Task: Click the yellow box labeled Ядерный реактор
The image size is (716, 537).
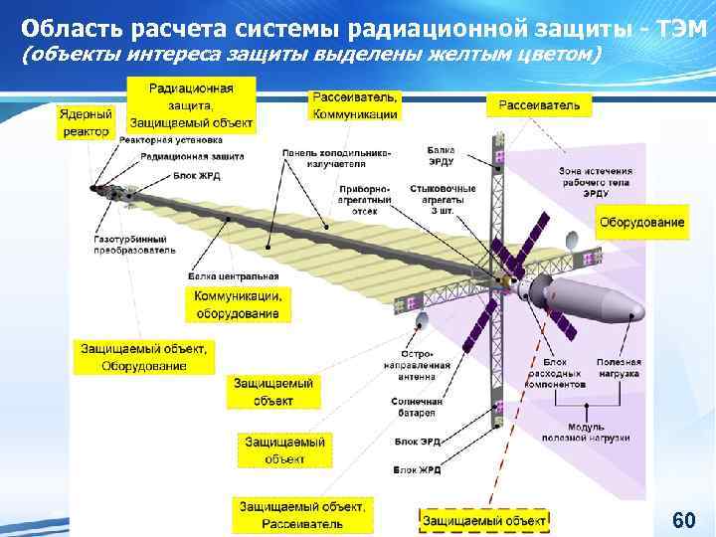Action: click(x=86, y=123)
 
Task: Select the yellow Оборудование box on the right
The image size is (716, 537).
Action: click(x=641, y=222)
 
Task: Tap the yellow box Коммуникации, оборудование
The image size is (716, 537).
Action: click(x=238, y=304)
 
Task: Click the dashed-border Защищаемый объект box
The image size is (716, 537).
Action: click(x=484, y=520)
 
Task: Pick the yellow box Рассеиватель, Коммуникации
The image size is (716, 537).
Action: click(x=355, y=105)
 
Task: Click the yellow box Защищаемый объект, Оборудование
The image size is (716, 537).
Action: click(x=144, y=357)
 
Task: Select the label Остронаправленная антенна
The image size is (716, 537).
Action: click(x=421, y=365)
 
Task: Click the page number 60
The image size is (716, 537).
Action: click(x=682, y=520)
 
